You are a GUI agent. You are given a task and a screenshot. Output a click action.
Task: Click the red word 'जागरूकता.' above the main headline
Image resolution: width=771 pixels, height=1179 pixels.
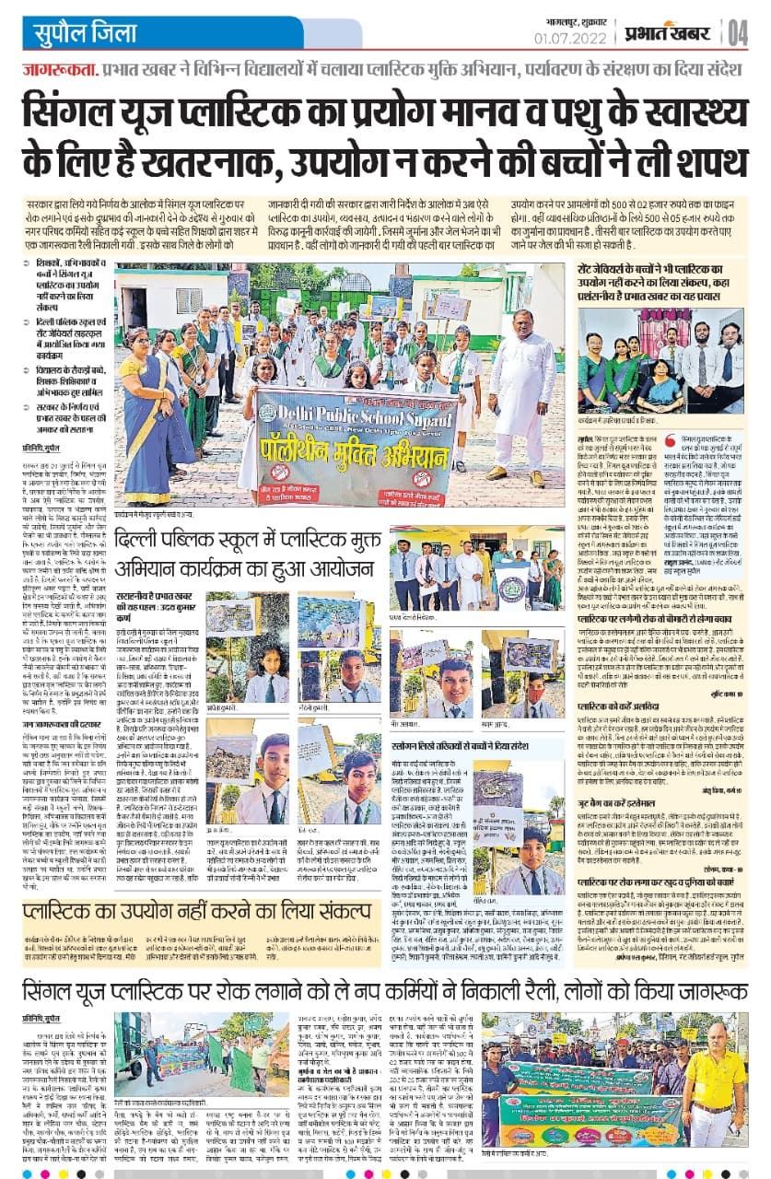point(59,70)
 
